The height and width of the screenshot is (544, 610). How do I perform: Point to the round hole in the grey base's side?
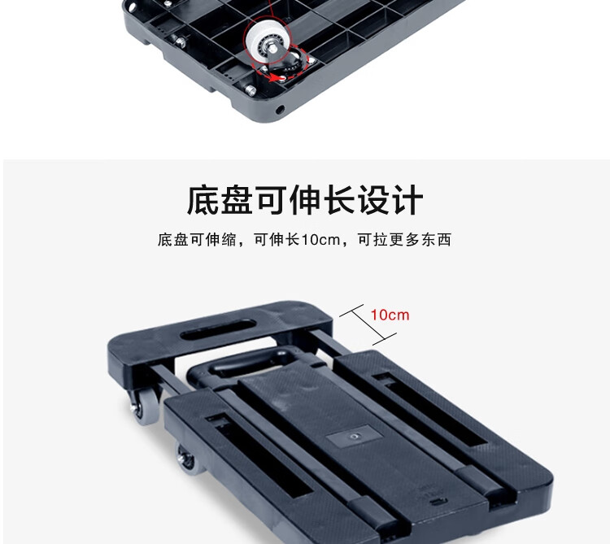pyautogui.click(x=280, y=110)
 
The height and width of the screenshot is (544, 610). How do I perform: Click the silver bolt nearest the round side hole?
pyautogui.click(x=251, y=90)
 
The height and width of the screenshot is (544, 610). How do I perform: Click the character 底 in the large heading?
pyautogui.click(x=203, y=200)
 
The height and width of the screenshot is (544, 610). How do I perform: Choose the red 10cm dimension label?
pyautogui.click(x=390, y=315)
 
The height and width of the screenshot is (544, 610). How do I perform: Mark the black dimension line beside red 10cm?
pyautogui.click(x=368, y=324)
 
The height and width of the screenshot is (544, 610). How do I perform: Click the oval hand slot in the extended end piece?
pyautogui.click(x=218, y=329)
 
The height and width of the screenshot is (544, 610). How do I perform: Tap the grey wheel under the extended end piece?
pyautogui.click(x=144, y=405)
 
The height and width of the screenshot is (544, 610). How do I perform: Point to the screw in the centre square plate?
pyautogui.click(x=354, y=436)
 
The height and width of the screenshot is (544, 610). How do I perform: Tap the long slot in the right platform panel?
pyautogui.click(x=430, y=409)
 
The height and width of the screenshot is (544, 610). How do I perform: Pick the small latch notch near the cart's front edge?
pyautogui.click(x=438, y=502)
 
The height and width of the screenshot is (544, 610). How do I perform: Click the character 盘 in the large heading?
pyautogui.click(x=237, y=200)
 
